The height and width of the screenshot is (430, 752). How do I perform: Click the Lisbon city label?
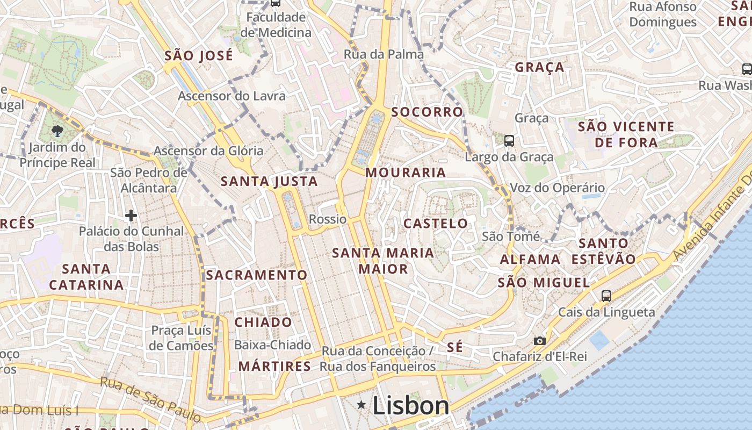411,406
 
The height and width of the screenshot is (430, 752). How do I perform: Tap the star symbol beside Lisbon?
362,405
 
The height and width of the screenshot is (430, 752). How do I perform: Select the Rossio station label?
328,219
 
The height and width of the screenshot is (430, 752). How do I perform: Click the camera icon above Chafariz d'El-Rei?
540,341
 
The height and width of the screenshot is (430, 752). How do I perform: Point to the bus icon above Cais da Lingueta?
606,296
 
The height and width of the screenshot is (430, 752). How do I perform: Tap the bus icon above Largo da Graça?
509,141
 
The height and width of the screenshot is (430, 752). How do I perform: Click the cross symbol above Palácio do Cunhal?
131,216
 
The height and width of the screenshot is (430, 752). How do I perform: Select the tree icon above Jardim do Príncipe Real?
56,131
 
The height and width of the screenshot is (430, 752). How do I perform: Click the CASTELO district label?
436,224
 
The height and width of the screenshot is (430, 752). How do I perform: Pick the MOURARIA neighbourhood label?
406,173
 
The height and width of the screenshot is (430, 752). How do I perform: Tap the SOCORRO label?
427,112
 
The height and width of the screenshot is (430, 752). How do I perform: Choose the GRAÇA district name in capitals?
540,67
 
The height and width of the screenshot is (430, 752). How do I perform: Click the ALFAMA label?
530,260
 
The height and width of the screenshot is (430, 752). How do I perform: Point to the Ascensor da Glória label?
208,150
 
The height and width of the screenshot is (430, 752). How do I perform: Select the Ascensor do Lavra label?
232,96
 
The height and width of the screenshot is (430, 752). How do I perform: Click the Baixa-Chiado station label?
272,345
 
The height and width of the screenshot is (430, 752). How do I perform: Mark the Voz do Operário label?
557,188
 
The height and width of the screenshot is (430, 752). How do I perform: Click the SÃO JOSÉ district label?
199,55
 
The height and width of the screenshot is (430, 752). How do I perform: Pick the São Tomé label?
511,236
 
